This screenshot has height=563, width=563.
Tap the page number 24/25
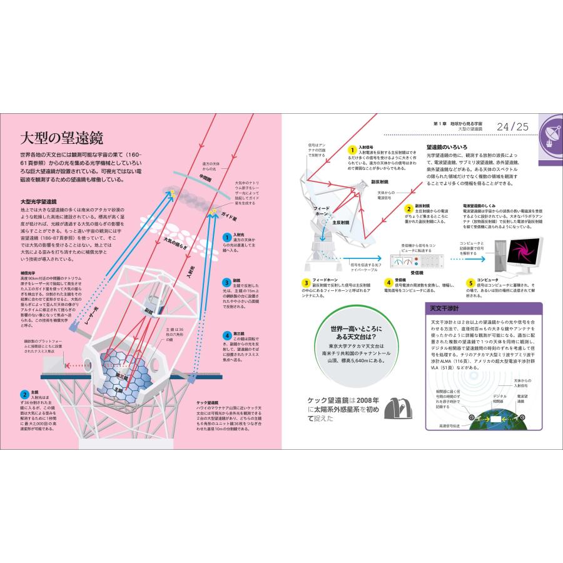coord(512,127)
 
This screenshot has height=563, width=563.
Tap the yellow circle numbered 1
coord(353,150)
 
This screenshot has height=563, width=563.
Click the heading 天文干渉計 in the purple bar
coord(442,309)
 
